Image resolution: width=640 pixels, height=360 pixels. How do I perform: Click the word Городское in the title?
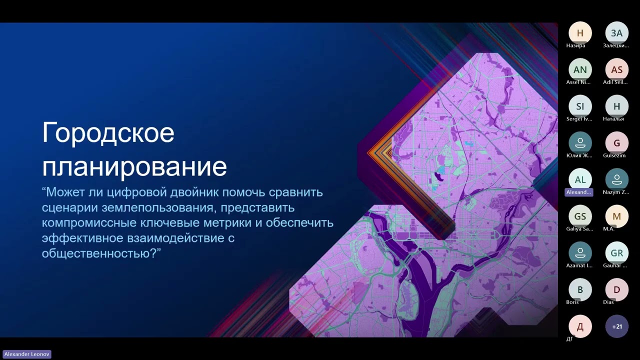point(108,133)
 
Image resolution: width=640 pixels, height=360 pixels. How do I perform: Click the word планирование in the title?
point(134,166)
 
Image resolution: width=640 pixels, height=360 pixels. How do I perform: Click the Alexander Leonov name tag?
point(27,354)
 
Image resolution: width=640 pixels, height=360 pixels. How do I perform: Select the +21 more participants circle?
point(616,326)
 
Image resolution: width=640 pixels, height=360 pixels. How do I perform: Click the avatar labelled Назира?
point(580,33)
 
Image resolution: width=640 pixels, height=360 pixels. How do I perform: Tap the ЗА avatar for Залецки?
point(616,33)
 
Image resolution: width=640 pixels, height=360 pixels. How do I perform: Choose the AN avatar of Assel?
point(580,69)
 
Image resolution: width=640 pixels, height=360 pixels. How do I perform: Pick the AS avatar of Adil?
point(616,69)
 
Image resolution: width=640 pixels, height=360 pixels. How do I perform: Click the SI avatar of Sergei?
point(580,106)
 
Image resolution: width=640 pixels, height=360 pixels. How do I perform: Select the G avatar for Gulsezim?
point(616,143)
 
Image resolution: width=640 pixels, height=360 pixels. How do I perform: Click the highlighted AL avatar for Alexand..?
point(580,179)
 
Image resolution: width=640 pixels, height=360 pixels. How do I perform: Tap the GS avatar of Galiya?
point(580,216)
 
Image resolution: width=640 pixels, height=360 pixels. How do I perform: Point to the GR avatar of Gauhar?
point(616,253)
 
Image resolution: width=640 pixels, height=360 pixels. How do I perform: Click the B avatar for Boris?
point(580,289)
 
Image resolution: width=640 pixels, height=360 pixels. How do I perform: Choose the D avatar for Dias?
point(616,289)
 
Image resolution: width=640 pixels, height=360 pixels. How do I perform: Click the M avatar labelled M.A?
point(616,216)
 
